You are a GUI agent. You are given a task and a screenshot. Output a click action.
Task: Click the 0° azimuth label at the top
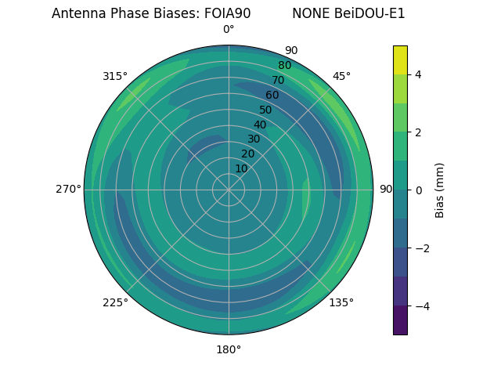(229, 30)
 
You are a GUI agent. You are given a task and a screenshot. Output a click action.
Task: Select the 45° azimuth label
(341, 76)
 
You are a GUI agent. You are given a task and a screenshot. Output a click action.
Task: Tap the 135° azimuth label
(341, 302)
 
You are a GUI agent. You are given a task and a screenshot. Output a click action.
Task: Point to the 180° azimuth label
(229, 349)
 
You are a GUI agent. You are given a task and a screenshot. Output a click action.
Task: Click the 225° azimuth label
(115, 302)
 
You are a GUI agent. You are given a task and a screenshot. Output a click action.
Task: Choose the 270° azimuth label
(68, 189)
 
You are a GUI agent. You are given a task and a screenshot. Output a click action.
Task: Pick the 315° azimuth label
(115, 76)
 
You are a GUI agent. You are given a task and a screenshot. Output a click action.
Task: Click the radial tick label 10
(241, 168)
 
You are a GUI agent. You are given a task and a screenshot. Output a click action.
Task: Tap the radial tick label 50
(265, 110)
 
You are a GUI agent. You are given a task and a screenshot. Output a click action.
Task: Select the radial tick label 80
(284, 65)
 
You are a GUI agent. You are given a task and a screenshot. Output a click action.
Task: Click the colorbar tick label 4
(418, 74)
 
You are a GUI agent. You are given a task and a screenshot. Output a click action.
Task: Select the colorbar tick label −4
(420, 305)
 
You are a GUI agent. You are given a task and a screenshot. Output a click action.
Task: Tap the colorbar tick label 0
(418, 190)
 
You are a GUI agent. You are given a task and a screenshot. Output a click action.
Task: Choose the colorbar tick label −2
(420, 248)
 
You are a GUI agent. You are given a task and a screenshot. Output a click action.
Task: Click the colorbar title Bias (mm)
(440, 190)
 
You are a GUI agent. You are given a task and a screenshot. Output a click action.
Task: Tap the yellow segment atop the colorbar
(400, 60)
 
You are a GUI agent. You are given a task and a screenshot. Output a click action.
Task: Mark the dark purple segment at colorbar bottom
(400, 320)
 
